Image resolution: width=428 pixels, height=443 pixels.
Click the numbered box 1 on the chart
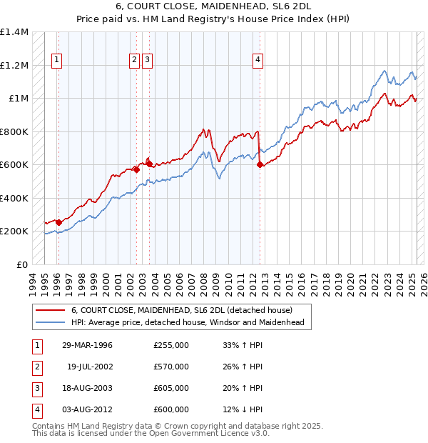[56, 60]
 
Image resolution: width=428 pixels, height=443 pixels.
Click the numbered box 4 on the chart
[257, 60]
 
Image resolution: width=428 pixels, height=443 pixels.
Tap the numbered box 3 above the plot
[146, 60]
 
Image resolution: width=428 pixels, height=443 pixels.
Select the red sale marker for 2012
[260, 165]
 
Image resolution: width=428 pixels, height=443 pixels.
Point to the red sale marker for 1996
[58, 222]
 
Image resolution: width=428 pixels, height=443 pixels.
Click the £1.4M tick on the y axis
[14, 32]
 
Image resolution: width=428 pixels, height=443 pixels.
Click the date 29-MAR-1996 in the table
[87, 344]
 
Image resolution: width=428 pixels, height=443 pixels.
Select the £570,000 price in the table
[170, 367]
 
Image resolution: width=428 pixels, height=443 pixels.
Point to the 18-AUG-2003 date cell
[87, 388]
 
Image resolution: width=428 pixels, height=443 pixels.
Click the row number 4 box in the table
[36, 409]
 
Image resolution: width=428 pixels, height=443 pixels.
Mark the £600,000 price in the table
[170, 409]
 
